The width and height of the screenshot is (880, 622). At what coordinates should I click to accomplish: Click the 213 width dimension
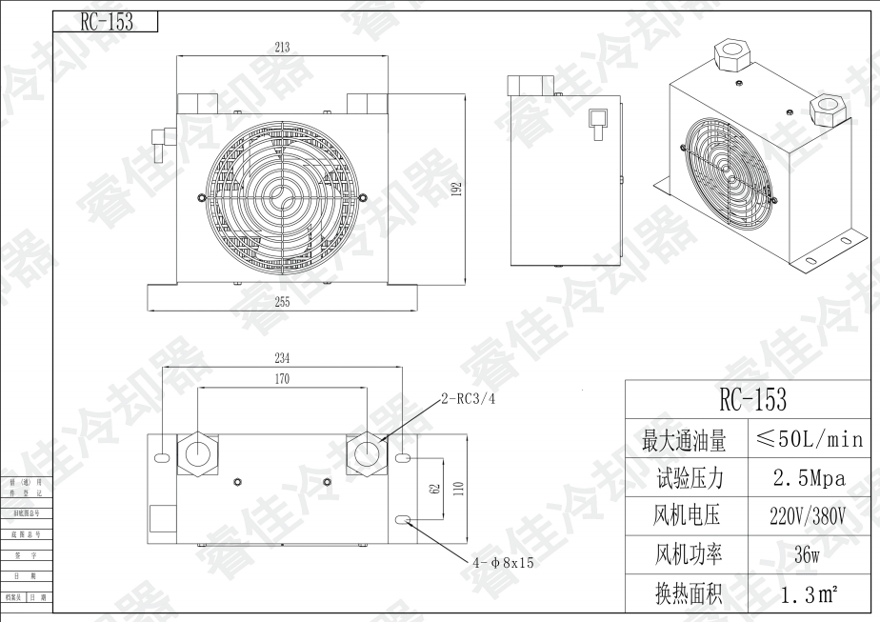tap(281, 47)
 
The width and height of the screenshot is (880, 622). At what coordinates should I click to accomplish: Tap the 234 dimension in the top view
tap(282, 358)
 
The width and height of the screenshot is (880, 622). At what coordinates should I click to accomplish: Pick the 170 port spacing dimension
tap(282, 379)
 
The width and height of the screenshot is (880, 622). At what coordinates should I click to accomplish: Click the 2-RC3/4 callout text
tap(469, 399)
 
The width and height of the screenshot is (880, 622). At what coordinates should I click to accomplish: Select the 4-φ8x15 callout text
tap(503, 563)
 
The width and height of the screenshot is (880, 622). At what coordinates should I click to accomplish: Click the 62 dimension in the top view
tap(434, 489)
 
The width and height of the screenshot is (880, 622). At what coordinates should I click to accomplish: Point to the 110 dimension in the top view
tap(458, 489)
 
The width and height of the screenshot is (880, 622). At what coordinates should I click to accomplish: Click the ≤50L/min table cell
tap(809, 440)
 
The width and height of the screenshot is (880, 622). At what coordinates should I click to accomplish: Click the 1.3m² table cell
tap(809, 596)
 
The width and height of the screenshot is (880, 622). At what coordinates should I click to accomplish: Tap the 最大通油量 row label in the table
tap(684, 440)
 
